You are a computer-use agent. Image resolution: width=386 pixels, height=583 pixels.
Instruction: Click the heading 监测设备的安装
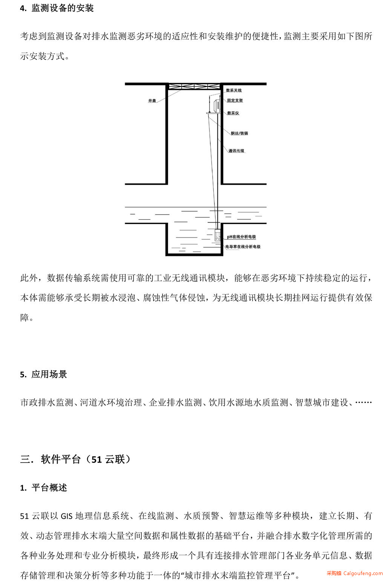coord(63,8)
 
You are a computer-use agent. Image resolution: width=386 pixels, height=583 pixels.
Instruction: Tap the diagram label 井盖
coord(152,101)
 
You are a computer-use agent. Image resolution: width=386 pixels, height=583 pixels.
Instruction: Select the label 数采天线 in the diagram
coord(234,90)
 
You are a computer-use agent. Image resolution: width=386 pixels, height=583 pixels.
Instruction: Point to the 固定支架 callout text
coord(235,100)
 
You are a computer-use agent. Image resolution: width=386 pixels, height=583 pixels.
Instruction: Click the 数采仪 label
coord(233,113)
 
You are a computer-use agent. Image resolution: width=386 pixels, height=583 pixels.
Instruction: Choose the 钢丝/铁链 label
coord(239,133)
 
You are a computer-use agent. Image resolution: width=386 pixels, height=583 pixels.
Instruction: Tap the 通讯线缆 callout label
coord(236,151)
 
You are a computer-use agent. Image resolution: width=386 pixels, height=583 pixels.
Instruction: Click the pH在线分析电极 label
coord(241,237)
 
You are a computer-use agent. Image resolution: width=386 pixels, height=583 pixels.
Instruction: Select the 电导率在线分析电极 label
coord(243,247)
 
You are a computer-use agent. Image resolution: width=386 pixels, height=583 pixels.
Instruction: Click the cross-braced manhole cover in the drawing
coord(195,87)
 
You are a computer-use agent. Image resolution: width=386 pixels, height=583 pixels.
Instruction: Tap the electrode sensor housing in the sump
coord(218,235)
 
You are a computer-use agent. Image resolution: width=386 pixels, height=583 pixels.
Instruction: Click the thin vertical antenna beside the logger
coord(210,104)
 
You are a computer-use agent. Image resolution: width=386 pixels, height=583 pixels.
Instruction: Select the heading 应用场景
coord(49,374)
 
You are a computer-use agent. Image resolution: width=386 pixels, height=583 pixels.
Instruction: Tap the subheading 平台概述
coord(49,488)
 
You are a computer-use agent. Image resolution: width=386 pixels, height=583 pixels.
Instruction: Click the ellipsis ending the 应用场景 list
coord(364,402)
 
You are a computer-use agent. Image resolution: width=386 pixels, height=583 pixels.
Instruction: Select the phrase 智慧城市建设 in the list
coord(322,402)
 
